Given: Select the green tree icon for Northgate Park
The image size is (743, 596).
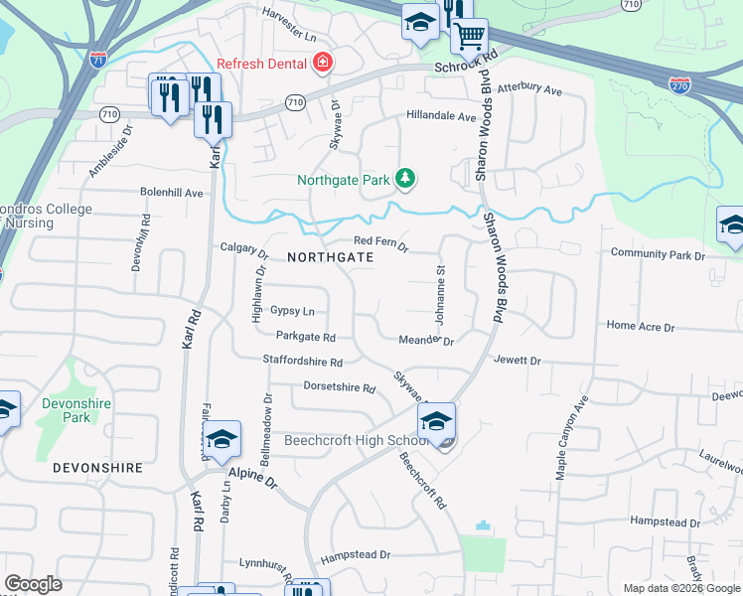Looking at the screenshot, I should tap(405, 179).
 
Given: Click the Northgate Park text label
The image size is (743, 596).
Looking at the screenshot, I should tap(345, 180).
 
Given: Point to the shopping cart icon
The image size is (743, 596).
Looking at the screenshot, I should tap(469, 37).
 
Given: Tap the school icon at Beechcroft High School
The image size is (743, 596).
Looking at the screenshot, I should tap(436, 421).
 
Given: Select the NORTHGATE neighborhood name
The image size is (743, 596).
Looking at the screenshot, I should tap(330, 256).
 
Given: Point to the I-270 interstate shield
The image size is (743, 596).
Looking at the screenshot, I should tap(679, 86).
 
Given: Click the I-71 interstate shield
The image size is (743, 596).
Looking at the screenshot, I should tap(97, 58).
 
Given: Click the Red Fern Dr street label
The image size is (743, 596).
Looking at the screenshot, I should tap(381, 241).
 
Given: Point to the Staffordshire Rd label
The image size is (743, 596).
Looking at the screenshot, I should tap(303, 362).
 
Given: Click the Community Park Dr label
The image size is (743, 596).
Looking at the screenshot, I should tap(658, 255).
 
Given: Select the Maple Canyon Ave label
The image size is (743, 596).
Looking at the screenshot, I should tap(572, 438).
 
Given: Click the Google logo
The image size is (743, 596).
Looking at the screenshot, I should tap(33, 584).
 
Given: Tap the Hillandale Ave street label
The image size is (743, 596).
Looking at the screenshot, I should tap(441, 116).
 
